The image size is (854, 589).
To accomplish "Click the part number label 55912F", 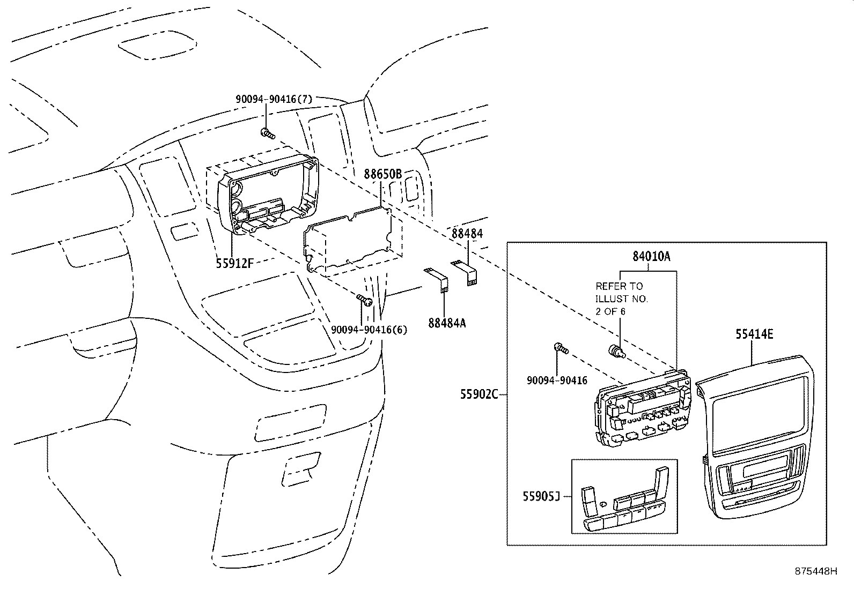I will pos(234,263).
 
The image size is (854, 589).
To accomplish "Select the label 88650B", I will pos(382,174).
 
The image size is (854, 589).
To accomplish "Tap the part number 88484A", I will pos(447,323).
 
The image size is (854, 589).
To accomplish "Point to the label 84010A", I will pos(651,256).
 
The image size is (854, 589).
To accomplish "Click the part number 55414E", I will pos(754,334).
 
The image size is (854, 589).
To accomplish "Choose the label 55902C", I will pos(479,395).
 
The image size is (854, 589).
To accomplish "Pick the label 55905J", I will pos(541,497).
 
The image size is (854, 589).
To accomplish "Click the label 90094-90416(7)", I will pos(274,99).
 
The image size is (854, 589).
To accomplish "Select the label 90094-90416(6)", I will pos(369,330).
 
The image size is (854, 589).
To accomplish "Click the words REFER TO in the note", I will pos(619,286).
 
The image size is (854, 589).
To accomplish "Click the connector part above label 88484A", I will pos(437,280).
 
